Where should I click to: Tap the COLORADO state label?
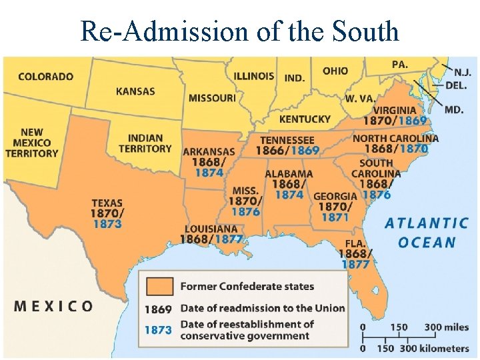46,76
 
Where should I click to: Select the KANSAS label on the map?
135,91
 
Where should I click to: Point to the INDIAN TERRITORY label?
145,143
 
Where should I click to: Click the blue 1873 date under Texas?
107,224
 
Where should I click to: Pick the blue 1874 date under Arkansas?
209,173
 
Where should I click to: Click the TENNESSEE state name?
287,140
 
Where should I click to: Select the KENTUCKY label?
305,119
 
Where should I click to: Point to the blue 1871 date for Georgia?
335,217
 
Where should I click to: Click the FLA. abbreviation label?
356,243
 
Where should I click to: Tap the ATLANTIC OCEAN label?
427,232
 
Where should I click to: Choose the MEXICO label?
54,306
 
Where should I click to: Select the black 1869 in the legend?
158,309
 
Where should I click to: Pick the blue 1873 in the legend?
158,329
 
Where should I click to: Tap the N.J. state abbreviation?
461,73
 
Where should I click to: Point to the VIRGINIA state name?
395,110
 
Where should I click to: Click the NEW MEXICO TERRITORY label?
32,143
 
